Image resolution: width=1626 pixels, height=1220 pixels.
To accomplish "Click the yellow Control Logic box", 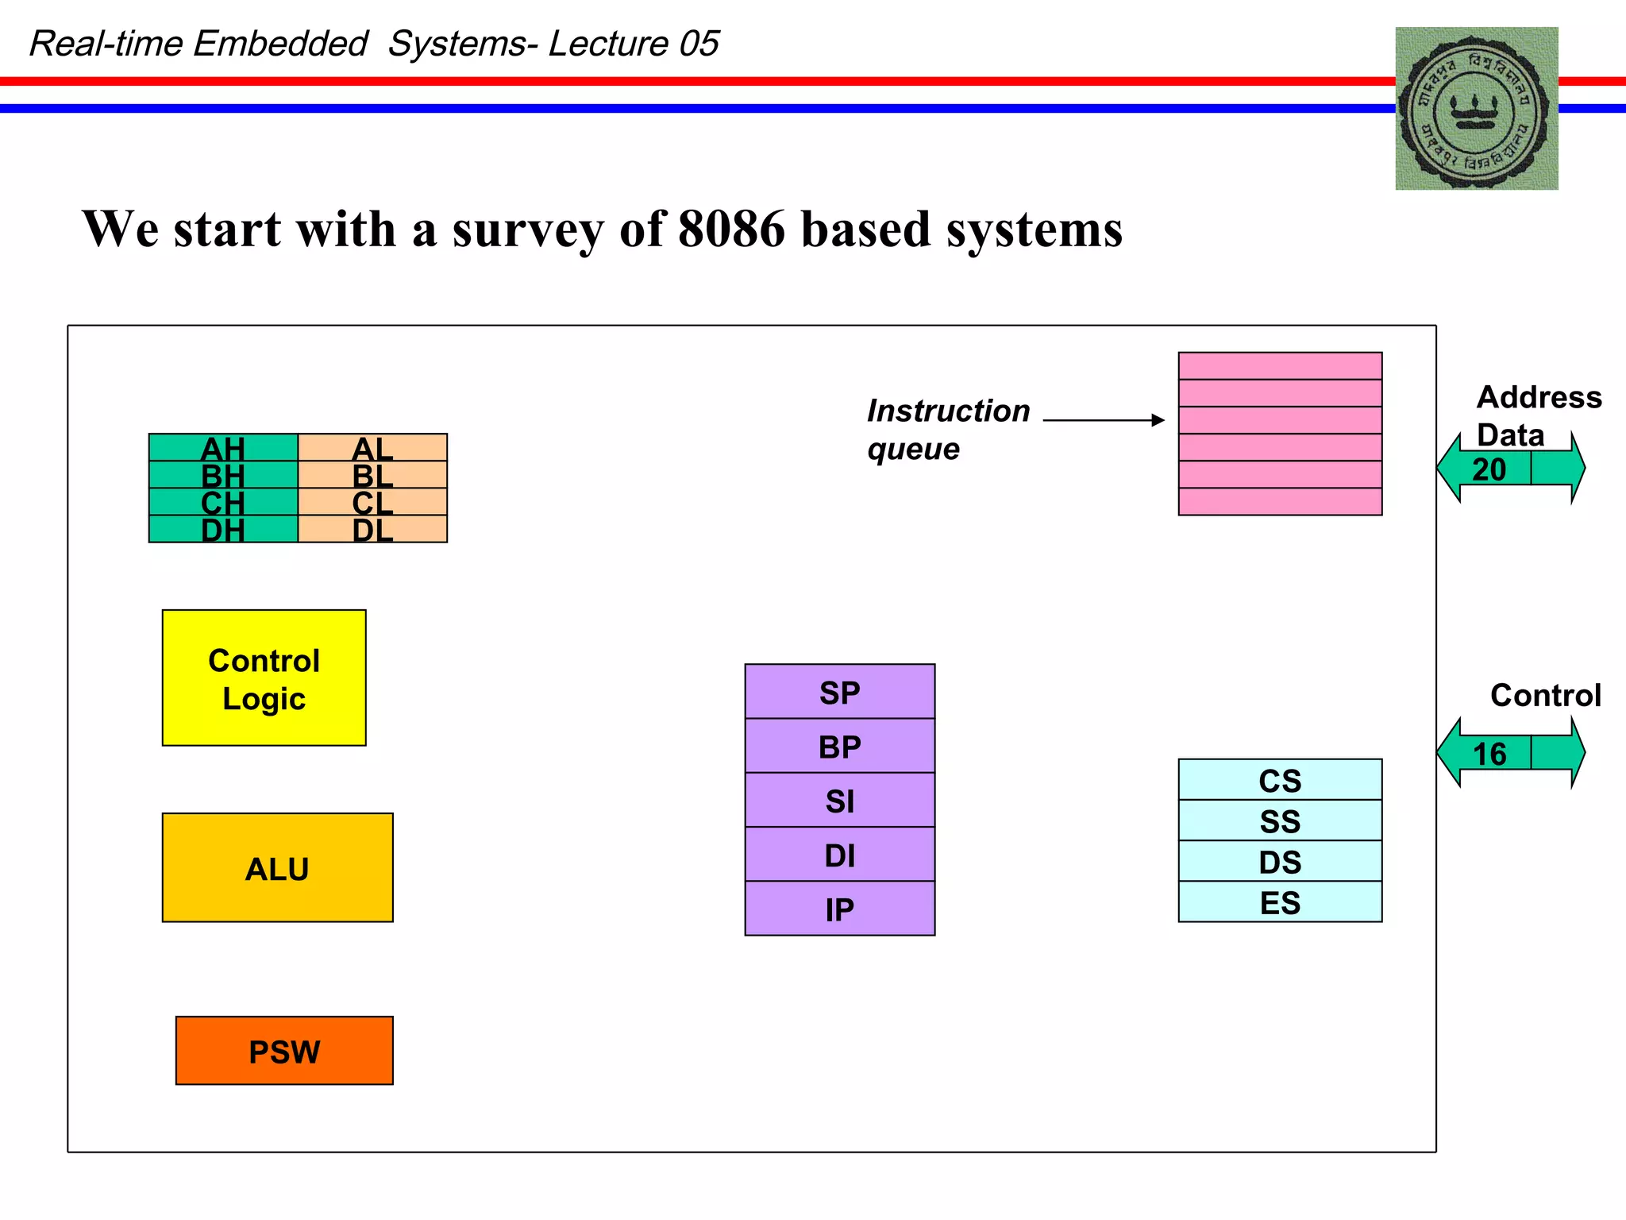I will click(x=264, y=678).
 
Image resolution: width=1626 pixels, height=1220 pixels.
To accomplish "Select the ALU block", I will click(x=277, y=867).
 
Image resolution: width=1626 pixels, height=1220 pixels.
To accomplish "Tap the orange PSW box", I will click(x=284, y=1051).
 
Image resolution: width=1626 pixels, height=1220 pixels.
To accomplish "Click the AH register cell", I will click(x=223, y=448).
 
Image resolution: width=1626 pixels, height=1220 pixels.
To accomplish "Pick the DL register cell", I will click(x=372, y=530).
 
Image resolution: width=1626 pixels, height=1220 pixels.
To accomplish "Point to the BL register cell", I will click(x=372, y=475).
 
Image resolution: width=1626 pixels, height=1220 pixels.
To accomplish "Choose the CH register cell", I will click(x=223, y=502).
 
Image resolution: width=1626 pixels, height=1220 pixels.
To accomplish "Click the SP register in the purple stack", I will click(x=839, y=692).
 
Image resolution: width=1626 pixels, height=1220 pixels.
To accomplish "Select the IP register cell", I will click(x=839, y=909).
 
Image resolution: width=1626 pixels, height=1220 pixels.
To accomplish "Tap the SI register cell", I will click(x=839, y=801).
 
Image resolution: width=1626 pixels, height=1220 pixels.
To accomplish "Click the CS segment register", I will click(x=1280, y=780).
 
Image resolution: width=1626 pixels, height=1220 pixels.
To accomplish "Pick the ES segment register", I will click(x=1280, y=902).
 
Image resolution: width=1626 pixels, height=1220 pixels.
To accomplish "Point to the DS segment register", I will click(x=1280, y=861).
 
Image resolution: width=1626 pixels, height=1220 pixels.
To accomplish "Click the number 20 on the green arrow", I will click(x=1489, y=469).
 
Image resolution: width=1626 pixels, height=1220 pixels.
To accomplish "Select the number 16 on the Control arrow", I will click(x=1489, y=754).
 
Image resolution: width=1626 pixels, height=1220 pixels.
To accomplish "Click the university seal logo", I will click(x=1477, y=109).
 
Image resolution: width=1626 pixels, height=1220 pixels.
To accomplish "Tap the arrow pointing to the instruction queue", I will click(x=1104, y=420).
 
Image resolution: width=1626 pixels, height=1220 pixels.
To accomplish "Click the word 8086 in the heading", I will click(x=731, y=230).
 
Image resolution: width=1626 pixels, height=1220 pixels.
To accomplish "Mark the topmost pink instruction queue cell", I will click(x=1280, y=366).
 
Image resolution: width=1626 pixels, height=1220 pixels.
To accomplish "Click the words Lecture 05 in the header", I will click(x=634, y=44).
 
